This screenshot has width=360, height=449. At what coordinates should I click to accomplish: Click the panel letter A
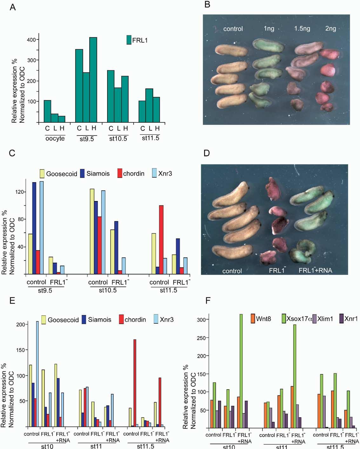point(12,7)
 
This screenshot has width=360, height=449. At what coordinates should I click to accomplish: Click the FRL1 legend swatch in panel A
point(129,40)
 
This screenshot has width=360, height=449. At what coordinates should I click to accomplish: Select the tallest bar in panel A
point(93,79)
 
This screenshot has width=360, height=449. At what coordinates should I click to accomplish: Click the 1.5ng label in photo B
point(302,29)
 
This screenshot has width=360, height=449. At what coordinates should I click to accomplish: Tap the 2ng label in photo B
point(330,28)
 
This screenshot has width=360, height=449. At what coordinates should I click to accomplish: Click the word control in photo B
point(233,29)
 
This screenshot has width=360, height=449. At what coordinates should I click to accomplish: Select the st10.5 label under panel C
point(108,290)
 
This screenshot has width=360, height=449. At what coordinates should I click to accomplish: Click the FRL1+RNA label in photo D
point(315,271)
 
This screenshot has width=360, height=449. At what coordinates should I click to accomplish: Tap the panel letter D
point(207,153)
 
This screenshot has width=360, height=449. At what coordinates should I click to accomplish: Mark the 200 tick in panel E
point(20,325)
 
